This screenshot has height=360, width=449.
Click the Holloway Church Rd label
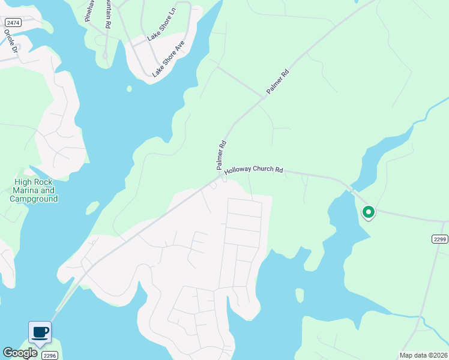(253, 170)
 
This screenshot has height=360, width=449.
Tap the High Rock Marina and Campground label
(34, 190)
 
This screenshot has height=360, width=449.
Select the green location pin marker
(369, 212)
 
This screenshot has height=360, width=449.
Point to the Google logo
(19, 353)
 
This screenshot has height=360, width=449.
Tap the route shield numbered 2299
(439, 239)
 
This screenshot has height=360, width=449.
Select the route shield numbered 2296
(49, 356)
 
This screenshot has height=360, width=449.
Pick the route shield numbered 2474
(11, 22)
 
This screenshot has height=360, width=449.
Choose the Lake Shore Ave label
(169, 59)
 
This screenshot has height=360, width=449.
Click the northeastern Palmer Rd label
(278, 82)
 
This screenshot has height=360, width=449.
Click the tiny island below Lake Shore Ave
(129, 89)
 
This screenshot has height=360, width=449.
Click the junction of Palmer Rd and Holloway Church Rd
(223, 175)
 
